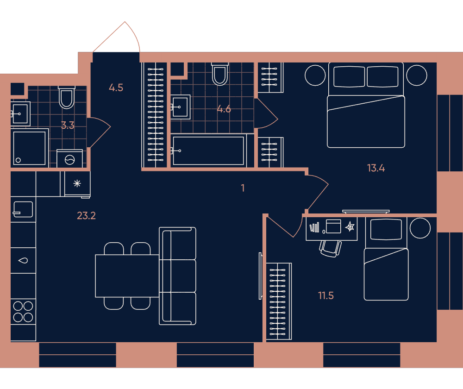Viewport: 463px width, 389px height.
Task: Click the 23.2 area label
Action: coord(86,216)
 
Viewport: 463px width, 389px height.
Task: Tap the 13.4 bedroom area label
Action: coord(376,168)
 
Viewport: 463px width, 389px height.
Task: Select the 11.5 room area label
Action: coord(325,295)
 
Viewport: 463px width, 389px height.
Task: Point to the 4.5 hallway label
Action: coord(116,88)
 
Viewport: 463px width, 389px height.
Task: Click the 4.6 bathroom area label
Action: coord(224,109)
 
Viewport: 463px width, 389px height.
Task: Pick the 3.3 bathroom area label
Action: coord(68,125)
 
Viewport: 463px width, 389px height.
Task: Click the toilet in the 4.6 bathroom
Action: coord(220,74)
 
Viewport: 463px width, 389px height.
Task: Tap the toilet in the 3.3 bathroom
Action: coord(67,97)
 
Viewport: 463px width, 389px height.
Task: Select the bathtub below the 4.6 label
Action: coord(208,151)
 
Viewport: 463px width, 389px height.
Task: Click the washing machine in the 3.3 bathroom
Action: coord(70,159)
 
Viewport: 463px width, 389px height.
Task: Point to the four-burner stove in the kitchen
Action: coord(23,312)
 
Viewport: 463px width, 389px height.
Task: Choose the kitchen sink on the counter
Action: coord(23,209)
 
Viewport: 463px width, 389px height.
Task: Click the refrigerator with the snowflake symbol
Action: coord(77,183)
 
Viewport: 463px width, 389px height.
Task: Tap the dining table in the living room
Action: coord(127,276)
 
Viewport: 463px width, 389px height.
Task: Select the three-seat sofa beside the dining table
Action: coord(177,276)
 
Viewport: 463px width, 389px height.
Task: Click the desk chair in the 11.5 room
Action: coord(331,248)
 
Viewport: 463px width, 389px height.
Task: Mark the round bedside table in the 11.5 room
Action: coord(420,228)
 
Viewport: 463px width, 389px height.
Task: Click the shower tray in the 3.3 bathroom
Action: coord(30,148)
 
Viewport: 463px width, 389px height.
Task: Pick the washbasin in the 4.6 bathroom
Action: coord(181,107)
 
